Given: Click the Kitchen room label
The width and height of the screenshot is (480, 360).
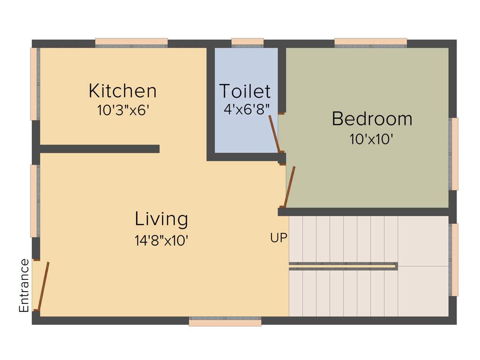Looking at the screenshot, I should pyautogui.click(x=122, y=90).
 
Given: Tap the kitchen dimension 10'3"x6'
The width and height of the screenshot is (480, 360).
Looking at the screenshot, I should pyautogui.click(x=123, y=111).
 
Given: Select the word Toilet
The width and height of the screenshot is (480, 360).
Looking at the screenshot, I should pyautogui.click(x=245, y=91).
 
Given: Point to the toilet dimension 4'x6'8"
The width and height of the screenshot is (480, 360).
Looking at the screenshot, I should pyautogui.click(x=247, y=110).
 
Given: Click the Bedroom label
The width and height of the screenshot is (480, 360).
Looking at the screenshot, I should pyautogui.click(x=372, y=119).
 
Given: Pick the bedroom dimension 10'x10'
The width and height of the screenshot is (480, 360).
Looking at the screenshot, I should pyautogui.click(x=371, y=139).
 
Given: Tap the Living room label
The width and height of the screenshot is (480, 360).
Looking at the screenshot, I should pyautogui.click(x=161, y=219).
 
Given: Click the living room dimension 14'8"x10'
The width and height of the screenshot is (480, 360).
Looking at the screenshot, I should pyautogui.click(x=161, y=240).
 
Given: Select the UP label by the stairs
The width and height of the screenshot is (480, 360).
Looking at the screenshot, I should pyautogui.click(x=278, y=238).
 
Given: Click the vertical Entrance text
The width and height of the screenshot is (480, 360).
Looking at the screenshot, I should pyautogui.click(x=24, y=285).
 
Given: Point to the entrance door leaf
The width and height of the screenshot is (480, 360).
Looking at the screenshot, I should pyautogui.click(x=43, y=286).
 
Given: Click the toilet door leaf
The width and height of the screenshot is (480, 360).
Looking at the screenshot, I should pyautogui.click(x=274, y=133).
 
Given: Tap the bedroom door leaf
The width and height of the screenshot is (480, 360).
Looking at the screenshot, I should pyautogui.click(x=290, y=187).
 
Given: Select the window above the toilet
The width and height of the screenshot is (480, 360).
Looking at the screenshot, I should pyautogui.click(x=247, y=42).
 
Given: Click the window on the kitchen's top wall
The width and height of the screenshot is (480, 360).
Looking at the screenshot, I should pyautogui.click(x=131, y=42).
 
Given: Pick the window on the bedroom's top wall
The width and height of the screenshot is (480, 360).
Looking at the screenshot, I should pyautogui.click(x=370, y=42).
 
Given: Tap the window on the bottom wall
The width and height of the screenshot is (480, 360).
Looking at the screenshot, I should pyautogui.click(x=225, y=322).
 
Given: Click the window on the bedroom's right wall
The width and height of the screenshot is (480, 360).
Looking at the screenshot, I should pyautogui.click(x=454, y=154).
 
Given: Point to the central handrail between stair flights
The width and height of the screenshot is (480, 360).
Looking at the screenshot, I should pyautogui.click(x=343, y=266).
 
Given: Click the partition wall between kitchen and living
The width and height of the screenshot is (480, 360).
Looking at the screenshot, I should pyautogui.click(x=99, y=149).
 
